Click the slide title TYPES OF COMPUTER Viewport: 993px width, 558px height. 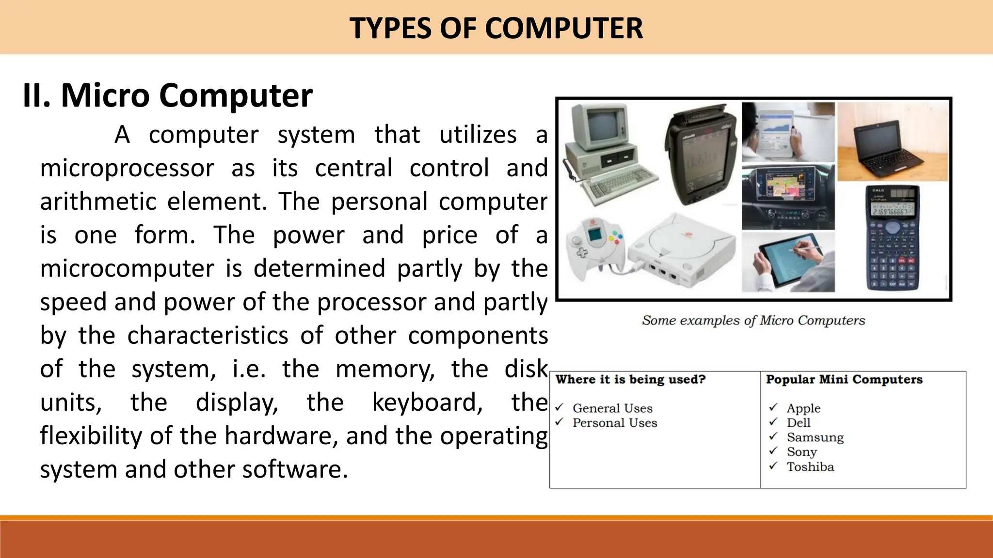496,28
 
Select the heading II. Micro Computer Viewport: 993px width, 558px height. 168,95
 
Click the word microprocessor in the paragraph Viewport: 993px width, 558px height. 127,169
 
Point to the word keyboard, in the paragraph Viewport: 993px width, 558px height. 427,403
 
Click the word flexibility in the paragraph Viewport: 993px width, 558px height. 92,435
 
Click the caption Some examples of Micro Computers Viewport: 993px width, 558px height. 753,320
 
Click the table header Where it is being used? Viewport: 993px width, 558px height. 630,379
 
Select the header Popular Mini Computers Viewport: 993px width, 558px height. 844,379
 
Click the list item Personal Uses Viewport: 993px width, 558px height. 615,423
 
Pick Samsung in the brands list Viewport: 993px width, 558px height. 815,437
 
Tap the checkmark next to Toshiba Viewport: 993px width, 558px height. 773,466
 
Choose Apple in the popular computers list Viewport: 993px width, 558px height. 803,408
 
